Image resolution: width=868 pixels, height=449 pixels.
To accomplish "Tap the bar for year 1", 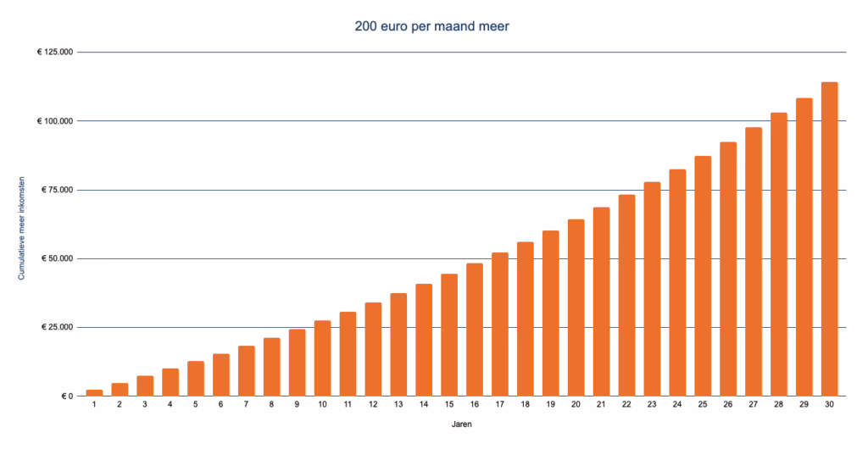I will coord(94,392).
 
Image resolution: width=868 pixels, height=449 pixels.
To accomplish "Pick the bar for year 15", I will coord(449,335).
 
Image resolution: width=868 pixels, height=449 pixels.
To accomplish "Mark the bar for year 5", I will coord(196,378).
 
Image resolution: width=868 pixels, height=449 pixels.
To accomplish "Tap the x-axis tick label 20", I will coord(576,406).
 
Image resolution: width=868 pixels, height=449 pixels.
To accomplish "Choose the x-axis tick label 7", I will coord(246,406).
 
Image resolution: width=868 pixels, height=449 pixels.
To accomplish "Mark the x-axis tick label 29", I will coord(804,406).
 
